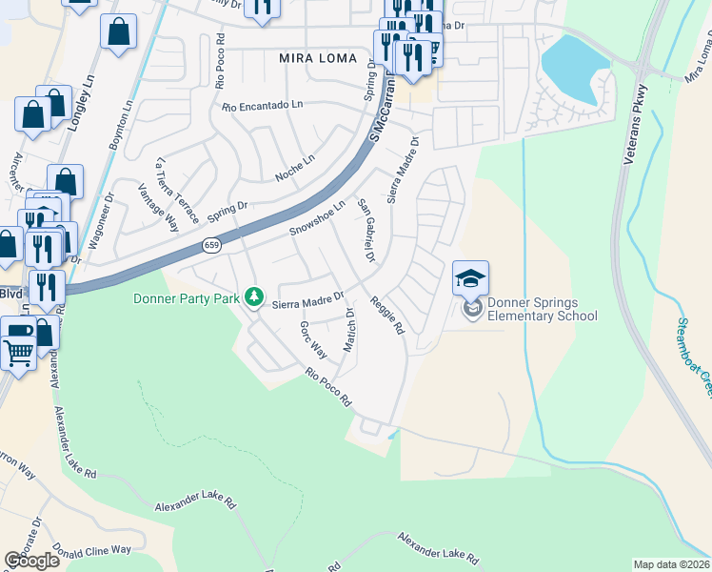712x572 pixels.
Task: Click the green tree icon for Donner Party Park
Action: coord(253,297)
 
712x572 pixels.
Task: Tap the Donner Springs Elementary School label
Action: coord(542,310)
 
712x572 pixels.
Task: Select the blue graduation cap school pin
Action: coord(470,278)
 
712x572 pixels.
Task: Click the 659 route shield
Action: coord(212,246)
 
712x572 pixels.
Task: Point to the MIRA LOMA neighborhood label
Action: coord(318,58)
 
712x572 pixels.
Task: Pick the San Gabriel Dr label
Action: coord(366,232)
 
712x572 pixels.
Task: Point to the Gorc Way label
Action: coord(313,339)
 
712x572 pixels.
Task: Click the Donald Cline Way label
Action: coord(92,550)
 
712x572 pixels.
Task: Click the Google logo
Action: coord(32,561)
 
